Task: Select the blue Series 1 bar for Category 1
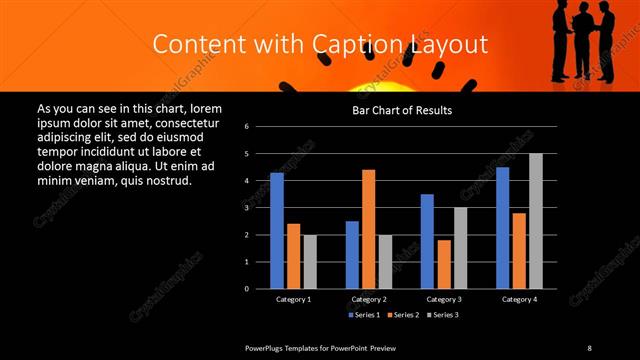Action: pos(277,230)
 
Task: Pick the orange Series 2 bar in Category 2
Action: pos(368,229)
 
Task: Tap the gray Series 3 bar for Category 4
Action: pos(536,221)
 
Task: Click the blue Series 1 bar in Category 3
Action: pos(427,241)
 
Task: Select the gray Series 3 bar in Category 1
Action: pos(310,262)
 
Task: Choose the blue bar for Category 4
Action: pos(503,227)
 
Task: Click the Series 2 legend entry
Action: pos(402,315)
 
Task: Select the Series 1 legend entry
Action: pos(363,315)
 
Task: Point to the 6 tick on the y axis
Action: pos(260,127)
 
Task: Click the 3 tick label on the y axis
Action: pos(260,208)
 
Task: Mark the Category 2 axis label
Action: pos(368,299)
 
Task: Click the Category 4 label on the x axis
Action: pos(519,299)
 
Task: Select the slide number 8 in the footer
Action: pos(589,347)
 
